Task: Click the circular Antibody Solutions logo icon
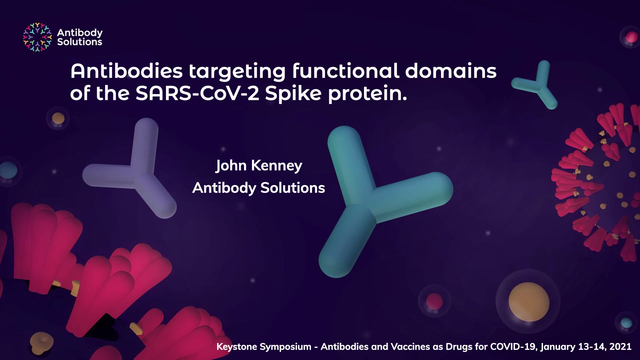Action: [x=37, y=37]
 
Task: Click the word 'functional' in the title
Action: [x=346, y=71]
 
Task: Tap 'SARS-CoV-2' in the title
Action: [x=197, y=93]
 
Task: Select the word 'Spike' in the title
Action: [x=293, y=94]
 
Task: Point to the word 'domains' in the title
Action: [x=451, y=71]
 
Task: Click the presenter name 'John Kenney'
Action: [x=259, y=166]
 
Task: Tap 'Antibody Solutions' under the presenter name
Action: [x=259, y=188]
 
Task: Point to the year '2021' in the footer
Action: [x=621, y=347]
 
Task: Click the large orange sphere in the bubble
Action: [x=529, y=302]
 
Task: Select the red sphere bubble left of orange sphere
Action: [x=435, y=301]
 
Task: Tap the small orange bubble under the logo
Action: [x=58, y=118]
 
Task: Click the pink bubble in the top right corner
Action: [x=631, y=37]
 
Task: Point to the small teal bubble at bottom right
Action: [x=626, y=323]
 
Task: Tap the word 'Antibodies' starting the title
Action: [x=127, y=71]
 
